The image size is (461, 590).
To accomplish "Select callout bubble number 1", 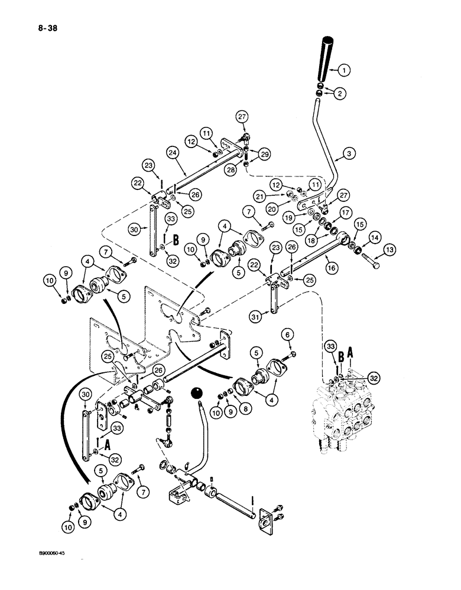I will pos(346,70).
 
